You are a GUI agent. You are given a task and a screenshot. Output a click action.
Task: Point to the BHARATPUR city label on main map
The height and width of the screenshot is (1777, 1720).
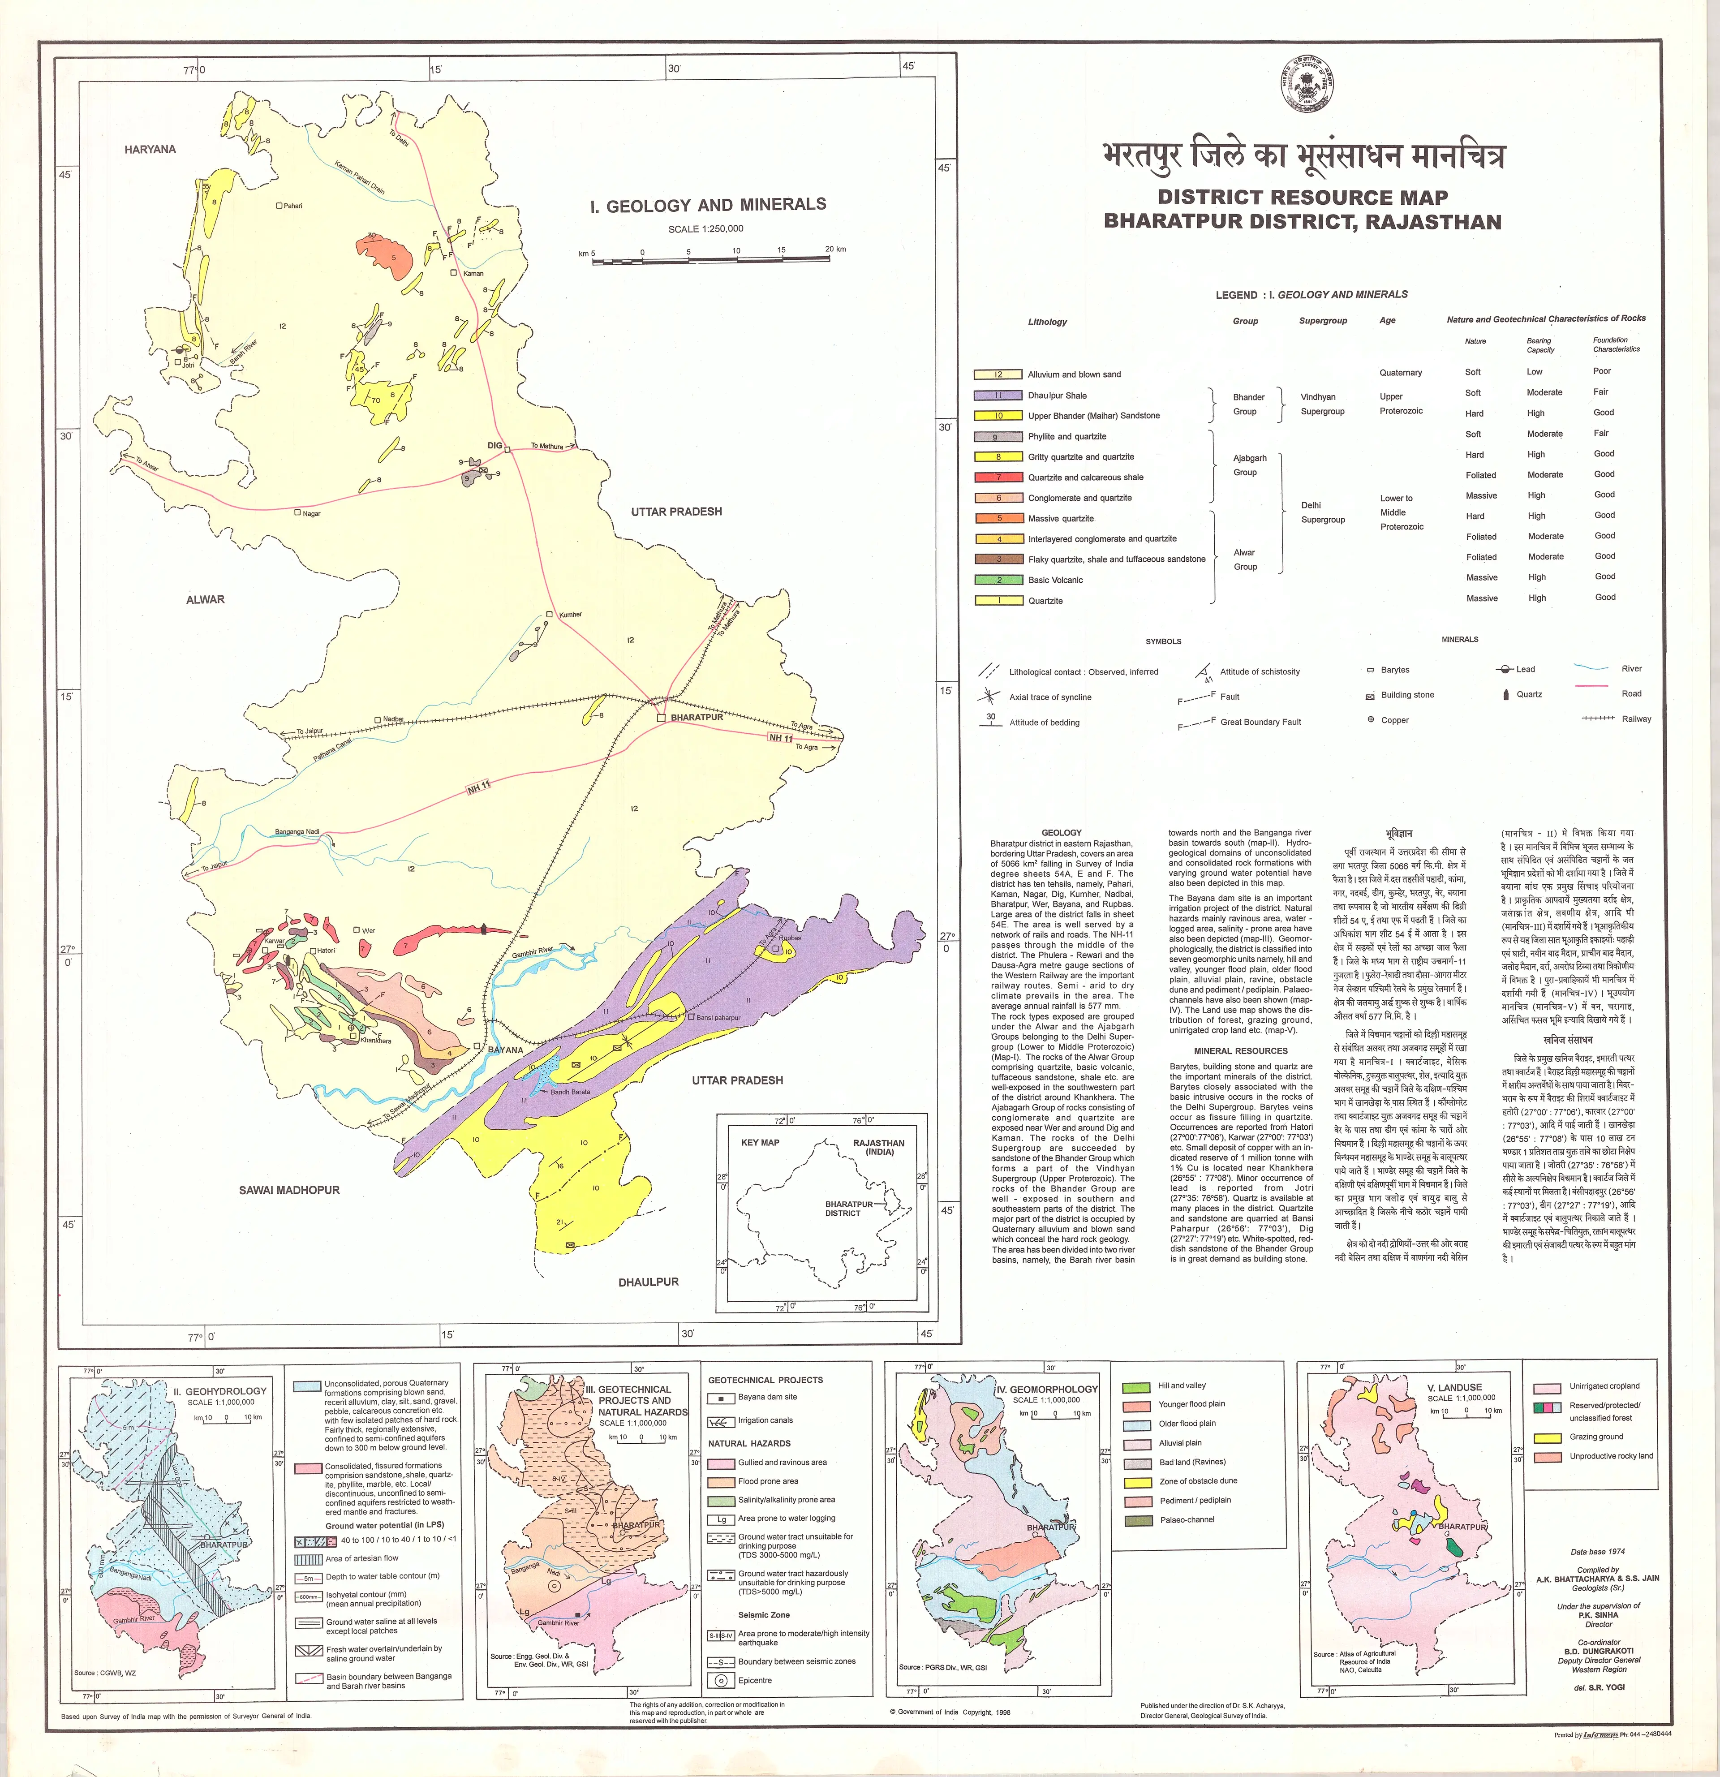tap(697, 717)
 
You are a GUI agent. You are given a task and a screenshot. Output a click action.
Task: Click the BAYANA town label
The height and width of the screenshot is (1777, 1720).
tap(506, 1050)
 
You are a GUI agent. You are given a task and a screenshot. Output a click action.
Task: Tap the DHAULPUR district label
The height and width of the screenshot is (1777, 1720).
tap(648, 1282)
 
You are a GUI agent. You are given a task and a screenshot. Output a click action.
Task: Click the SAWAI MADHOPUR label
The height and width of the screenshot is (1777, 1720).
tap(289, 1189)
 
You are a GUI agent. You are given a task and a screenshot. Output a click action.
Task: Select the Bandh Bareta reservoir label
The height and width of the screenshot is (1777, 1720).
tap(570, 1092)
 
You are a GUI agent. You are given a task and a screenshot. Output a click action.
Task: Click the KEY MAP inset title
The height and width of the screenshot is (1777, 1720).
tap(760, 1142)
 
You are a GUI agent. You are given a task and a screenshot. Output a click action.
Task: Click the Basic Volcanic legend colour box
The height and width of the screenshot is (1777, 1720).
tap(998, 580)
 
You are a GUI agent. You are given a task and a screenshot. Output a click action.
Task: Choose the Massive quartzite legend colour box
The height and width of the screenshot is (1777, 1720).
tap(998, 519)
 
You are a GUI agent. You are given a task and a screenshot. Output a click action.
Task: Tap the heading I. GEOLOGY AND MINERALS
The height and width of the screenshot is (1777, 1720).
tap(708, 205)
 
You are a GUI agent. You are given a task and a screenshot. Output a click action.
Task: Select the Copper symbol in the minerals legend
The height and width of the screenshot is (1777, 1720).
tap(1371, 720)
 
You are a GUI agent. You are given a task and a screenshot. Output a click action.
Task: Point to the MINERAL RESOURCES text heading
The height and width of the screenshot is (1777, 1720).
tap(1240, 1051)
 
